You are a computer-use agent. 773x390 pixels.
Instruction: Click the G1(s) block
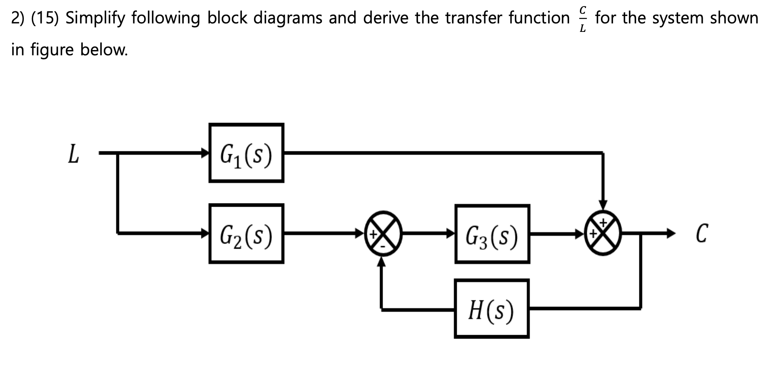pos(246,153)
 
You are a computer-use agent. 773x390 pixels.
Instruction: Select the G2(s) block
pos(246,234)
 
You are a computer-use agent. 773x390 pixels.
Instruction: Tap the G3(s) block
pos(492,234)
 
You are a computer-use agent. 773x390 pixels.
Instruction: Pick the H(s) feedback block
pos(492,309)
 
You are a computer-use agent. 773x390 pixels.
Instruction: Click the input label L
pos(73,154)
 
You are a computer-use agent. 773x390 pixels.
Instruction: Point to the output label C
pos(702,234)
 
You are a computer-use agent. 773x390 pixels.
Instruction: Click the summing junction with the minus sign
pos(383,233)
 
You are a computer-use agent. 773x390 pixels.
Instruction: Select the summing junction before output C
pos(603,233)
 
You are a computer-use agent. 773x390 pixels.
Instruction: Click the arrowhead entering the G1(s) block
pos(205,153)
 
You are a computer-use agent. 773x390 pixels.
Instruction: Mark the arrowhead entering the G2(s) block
pos(205,233)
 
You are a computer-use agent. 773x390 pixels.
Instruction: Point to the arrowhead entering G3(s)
pos(450,233)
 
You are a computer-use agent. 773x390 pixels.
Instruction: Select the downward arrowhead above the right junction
pos(603,205)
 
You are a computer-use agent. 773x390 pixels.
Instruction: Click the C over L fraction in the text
pos(582,18)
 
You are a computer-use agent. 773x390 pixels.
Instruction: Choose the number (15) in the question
pos(45,18)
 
